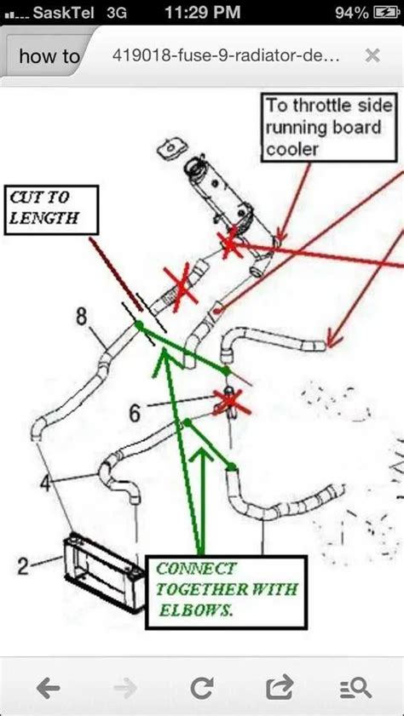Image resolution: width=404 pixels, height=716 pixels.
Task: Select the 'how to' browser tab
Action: pos(49,57)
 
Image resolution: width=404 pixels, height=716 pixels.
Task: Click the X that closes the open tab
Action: pos(372,56)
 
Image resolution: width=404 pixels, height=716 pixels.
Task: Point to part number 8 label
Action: pos(81,316)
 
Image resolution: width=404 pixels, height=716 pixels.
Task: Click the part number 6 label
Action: pos(135,412)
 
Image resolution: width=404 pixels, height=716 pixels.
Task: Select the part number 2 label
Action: pos(25,564)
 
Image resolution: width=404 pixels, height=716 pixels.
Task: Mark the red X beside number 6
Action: pos(229,398)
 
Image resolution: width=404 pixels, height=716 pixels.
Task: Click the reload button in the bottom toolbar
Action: pos(202,686)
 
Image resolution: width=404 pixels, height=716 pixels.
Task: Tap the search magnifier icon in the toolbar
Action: pos(355,686)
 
